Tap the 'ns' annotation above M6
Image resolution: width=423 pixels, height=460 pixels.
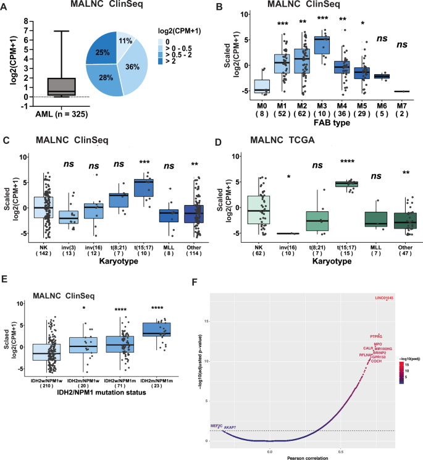click(x=382, y=38)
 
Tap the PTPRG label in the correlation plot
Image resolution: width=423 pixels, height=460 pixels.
click(x=377, y=336)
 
